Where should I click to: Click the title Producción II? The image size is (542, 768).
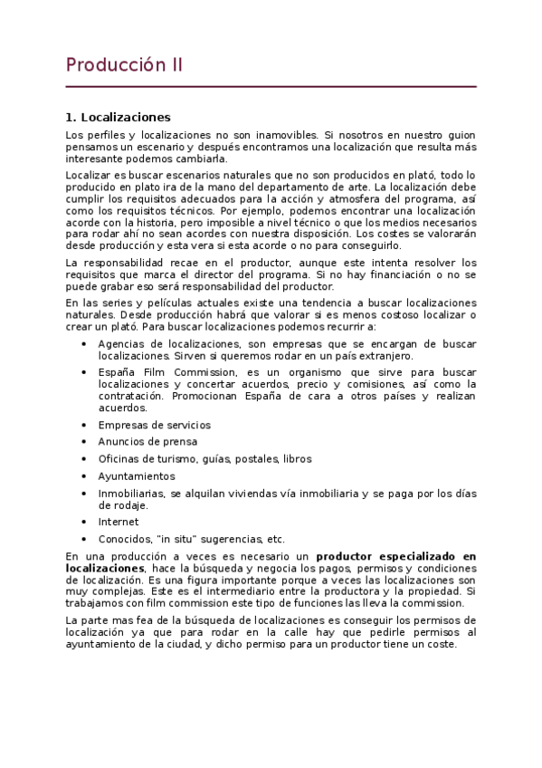124,65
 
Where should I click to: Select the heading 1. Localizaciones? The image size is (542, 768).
118,118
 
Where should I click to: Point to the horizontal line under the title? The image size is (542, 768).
271,87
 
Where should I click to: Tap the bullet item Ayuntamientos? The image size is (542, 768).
137,476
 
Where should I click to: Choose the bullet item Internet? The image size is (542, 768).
119,522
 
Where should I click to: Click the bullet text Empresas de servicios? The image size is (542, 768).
154,425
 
